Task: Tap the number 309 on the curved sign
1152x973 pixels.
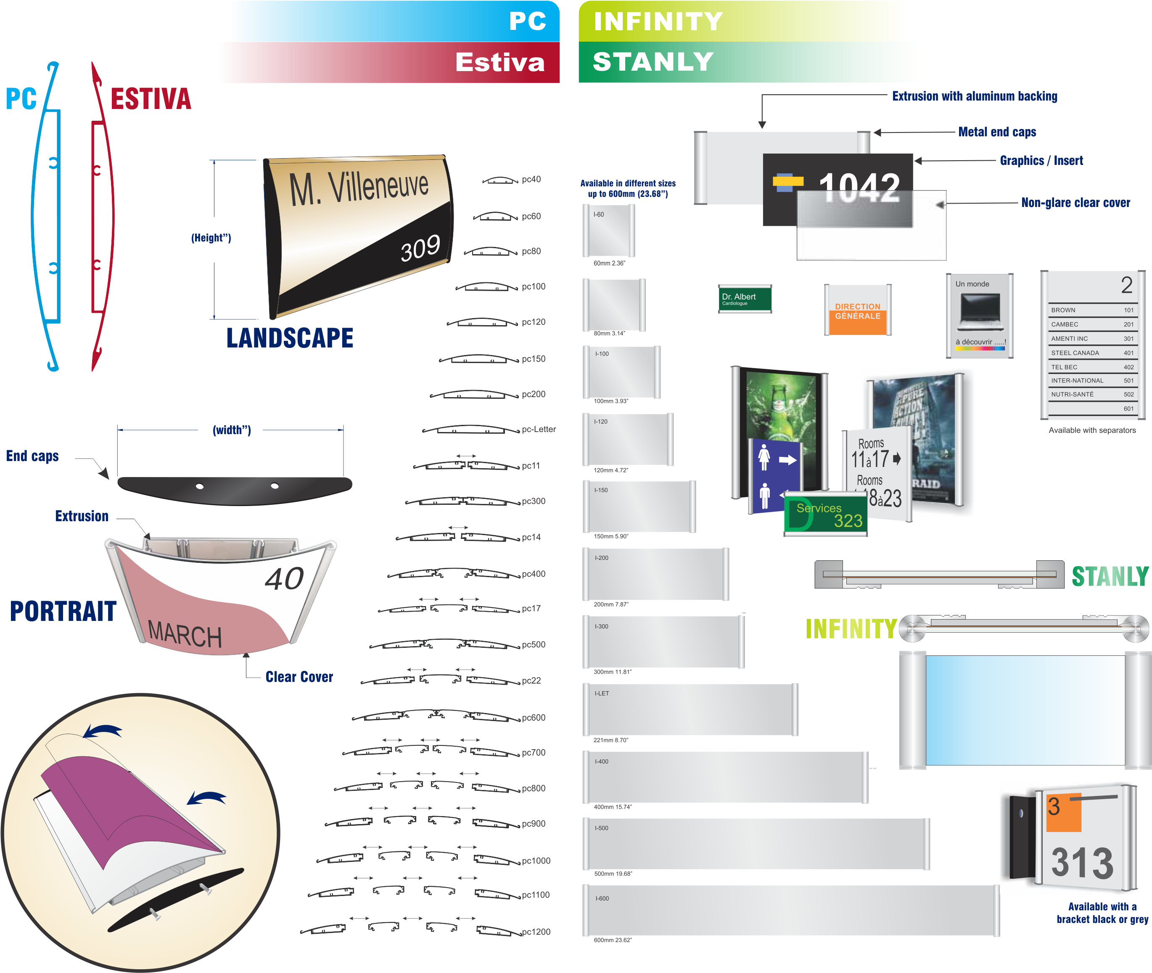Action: pos(420,248)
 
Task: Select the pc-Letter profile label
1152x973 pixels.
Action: pos(539,429)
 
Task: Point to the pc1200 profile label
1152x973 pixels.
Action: pos(536,932)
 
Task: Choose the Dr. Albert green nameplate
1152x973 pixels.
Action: pos(744,299)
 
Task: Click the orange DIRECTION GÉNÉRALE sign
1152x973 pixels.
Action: pos(857,312)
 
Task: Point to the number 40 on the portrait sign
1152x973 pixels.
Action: pos(284,578)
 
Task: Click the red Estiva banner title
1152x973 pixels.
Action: pos(499,62)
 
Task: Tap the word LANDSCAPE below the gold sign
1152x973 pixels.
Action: pos(290,337)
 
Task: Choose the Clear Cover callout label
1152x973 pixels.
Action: pos(299,677)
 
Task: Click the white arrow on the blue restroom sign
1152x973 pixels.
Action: pos(787,459)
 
